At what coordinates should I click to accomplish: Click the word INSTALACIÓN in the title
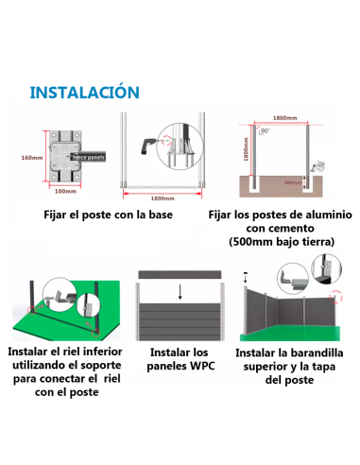coord(85,93)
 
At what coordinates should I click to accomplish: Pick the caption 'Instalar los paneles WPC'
coord(180,357)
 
